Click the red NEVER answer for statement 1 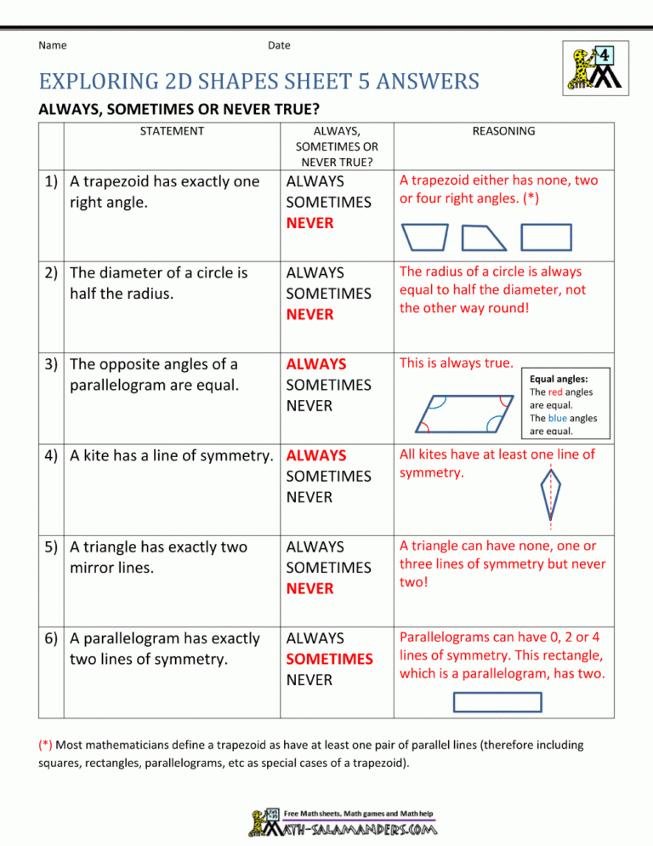click(309, 223)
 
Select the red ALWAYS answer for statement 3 click(315, 364)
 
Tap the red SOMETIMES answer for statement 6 click(329, 659)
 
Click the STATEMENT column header click(172, 131)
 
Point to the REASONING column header click(503, 131)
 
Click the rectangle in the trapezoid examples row click(546, 238)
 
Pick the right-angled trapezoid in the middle click(483, 238)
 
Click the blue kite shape click(551, 494)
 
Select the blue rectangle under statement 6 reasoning click(497, 701)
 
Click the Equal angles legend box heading click(559, 378)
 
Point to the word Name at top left click(54, 45)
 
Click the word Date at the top click(278, 45)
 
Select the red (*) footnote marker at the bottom click(48, 745)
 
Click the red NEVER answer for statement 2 click(309, 314)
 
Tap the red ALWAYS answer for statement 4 click(315, 455)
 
